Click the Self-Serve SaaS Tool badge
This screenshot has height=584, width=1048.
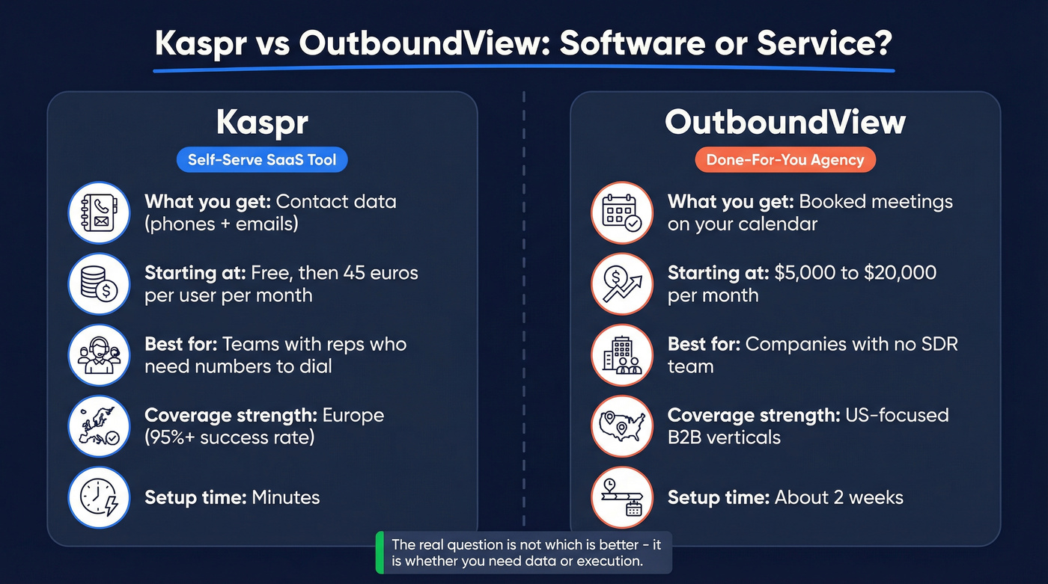[262, 159]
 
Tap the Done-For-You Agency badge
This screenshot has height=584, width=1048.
[785, 159]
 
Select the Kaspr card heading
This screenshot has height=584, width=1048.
[262, 123]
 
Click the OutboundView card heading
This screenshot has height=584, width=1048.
[785, 123]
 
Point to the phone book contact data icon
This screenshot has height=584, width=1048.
[99, 213]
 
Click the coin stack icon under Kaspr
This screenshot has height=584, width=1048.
[99, 284]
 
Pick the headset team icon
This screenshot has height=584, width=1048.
[99, 355]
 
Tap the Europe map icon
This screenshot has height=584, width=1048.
[99, 426]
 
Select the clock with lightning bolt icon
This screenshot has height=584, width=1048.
[99, 497]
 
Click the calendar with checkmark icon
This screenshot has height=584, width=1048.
[622, 213]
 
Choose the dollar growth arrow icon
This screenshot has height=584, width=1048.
[622, 284]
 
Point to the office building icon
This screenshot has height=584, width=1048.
[622, 355]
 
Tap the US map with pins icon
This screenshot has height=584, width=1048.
[622, 426]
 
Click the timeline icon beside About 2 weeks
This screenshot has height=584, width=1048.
[622, 497]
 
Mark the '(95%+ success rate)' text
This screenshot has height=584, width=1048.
[230, 437]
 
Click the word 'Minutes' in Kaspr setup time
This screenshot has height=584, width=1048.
[285, 497]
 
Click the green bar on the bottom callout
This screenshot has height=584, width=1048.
[379, 553]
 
